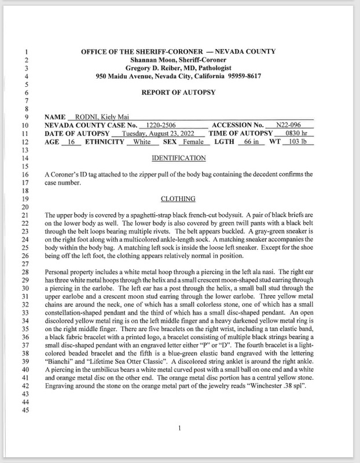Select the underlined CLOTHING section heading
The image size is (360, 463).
pyautogui.click(x=178, y=199)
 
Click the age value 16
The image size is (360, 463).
pyautogui.click(x=71, y=142)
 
